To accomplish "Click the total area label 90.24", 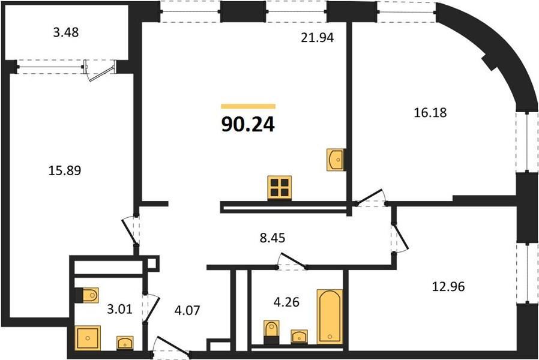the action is tap(248, 124).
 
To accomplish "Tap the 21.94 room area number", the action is tap(318, 37).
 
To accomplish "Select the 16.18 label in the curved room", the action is tap(430, 112).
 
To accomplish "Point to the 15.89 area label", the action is tap(65, 170).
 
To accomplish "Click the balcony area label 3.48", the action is tap(66, 32).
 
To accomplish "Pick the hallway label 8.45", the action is tap(273, 238).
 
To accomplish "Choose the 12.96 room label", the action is tap(448, 286).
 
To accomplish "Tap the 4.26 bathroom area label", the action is tap(286, 302).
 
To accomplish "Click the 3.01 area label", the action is tap(119, 309).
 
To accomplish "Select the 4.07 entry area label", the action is tap(187, 310).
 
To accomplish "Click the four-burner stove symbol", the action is tap(280, 188).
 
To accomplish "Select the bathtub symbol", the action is tap(330, 316).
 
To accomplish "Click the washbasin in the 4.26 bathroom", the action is tap(299, 336).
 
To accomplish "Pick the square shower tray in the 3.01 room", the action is tap(88, 338).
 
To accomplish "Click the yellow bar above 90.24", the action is tap(248, 106).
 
